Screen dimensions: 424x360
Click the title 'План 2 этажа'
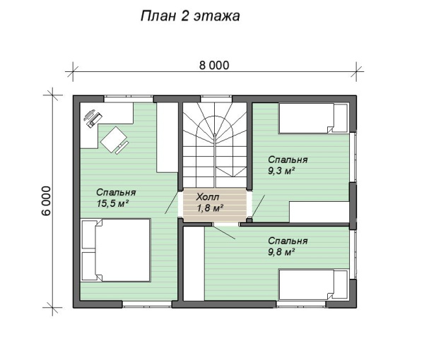[190, 16]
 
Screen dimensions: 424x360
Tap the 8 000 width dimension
[214, 66]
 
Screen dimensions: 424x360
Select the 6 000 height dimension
[46, 200]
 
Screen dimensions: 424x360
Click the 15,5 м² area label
[112, 203]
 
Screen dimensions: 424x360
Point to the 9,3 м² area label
[281, 171]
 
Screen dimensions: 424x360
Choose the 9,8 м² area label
[281, 252]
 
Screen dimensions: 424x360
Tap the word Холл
[208, 197]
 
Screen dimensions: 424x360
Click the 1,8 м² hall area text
[210, 208]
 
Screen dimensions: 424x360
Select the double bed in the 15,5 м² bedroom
[116, 251]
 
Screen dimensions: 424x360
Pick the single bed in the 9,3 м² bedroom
[313, 119]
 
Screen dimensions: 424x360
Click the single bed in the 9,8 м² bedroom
[313, 284]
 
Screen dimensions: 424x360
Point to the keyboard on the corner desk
[95, 120]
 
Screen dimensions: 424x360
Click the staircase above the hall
[215, 145]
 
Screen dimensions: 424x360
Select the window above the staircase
[216, 99]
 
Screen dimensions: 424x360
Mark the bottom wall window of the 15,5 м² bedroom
[147, 304]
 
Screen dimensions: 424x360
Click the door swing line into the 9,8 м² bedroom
[223, 232]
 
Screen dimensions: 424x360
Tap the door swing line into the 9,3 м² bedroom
[259, 205]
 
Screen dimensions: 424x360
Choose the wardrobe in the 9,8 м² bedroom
[194, 263]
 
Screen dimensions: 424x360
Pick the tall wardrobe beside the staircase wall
[167, 138]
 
